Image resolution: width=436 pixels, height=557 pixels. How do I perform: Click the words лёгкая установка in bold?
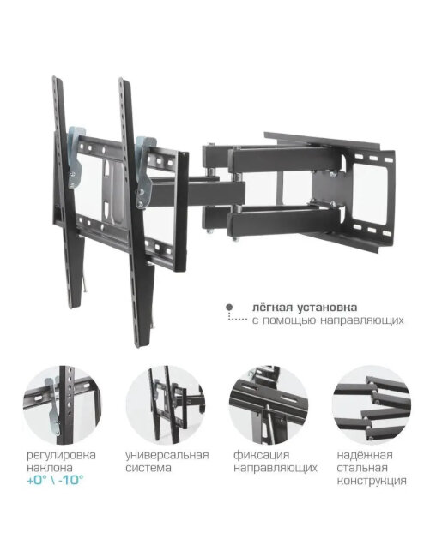(x=305, y=308)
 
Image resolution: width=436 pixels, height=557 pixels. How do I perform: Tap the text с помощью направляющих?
(x=328, y=320)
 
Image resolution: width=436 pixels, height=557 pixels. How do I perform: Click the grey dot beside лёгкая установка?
(x=230, y=308)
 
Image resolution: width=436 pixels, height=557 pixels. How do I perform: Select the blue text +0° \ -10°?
(x=55, y=480)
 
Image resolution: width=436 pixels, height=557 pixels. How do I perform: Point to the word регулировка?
(x=61, y=455)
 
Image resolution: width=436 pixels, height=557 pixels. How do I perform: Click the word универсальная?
(x=167, y=455)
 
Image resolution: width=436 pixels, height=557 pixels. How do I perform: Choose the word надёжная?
(x=365, y=455)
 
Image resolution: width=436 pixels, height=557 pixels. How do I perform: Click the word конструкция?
(x=372, y=481)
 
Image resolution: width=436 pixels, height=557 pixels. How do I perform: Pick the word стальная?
(x=362, y=468)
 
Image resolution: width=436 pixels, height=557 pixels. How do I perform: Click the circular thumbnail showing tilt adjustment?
(x=62, y=405)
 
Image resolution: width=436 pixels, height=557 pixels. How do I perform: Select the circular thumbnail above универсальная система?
(x=165, y=405)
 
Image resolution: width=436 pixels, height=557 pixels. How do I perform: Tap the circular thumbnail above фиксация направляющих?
(x=269, y=405)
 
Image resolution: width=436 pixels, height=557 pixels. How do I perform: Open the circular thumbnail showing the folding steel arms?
(x=372, y=405)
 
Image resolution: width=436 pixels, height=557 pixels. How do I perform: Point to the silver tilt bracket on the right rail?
(x=144, y=171)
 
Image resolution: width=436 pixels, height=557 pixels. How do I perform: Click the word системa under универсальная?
(x=148, y=468)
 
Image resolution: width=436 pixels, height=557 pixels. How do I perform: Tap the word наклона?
(x=50, y=468)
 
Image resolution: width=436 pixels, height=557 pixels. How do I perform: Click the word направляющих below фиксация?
(x=276, y=469)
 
